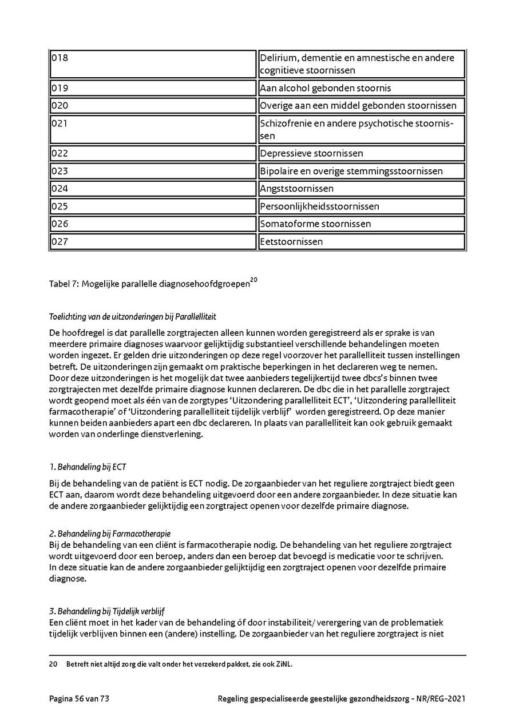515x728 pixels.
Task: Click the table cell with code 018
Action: click(153, 64)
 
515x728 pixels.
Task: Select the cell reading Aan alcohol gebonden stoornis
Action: click(361, 88)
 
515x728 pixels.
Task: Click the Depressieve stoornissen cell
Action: click(361, 153)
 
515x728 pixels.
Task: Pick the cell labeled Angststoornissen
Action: click(361, 189)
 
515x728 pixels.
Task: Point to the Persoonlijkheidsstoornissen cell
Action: click(361, 206)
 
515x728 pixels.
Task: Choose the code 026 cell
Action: click(153, 224)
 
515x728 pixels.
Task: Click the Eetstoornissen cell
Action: click(361, 242)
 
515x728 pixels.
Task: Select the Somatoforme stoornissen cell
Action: click(361, 224)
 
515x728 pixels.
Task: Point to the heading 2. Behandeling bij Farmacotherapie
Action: click(110, 534)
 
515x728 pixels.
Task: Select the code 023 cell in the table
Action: click(153, 171)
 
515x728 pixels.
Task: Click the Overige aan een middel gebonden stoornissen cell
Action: click(361, 106)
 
